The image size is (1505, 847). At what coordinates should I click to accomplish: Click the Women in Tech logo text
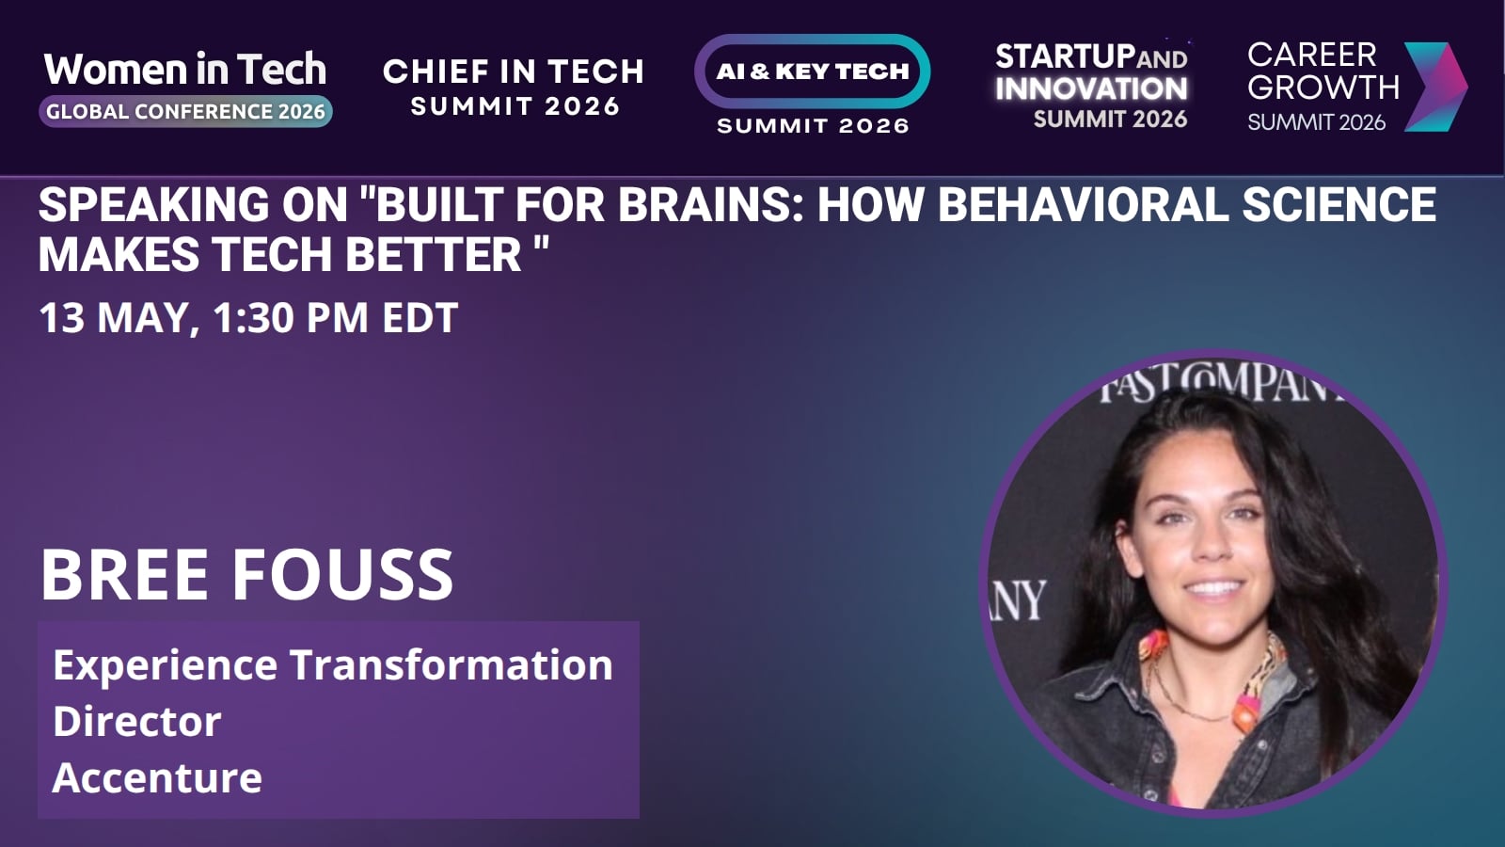[x=185, y=70]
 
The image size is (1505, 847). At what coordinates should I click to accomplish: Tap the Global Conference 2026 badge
[x=185, y=112]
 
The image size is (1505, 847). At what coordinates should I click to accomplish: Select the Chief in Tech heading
[x=514, y=72]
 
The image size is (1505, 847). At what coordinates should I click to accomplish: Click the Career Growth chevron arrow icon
[x=1435, y=87]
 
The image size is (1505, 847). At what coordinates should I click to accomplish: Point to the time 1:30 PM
[x=291, y=317]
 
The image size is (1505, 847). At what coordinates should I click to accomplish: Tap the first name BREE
[x=124, y=575]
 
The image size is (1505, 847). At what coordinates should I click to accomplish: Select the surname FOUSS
[x=342, y=575]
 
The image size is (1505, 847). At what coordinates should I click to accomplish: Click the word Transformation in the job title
[x=451, y=664]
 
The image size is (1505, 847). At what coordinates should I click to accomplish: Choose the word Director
[x=137, y=721]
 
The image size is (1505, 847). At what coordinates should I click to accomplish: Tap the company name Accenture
[x=157, y=777]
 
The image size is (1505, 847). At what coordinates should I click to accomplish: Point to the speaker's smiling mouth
[x=1213, y=589]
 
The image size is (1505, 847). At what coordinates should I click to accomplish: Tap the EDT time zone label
[x=420, y=317]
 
